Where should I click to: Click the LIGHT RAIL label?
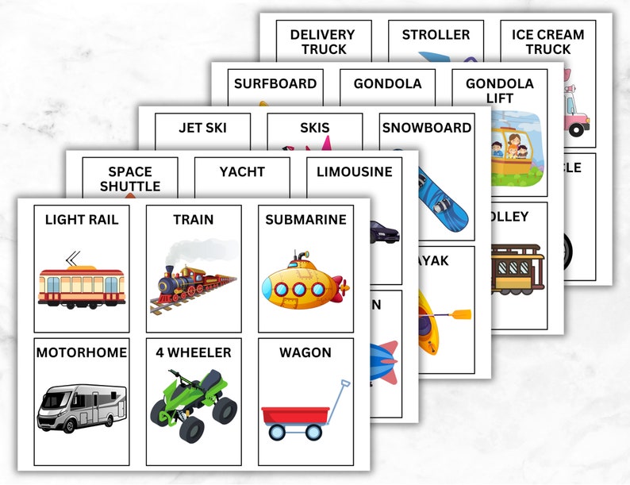tap(82, 220)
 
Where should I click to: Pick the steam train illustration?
tap(193, 283)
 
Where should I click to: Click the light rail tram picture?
tap(82, 282)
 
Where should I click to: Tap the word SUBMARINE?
tap(305, 220)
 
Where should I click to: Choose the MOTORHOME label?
tap(82, 352)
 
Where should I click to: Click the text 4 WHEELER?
tap(194, 352)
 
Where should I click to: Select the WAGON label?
tap(305, 352)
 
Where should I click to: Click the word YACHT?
tap(242, 171)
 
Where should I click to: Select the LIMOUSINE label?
tap(354, 171)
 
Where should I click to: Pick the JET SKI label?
tap(203, 127)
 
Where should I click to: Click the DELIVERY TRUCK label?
tap(323, 41)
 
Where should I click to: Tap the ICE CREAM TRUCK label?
tap(547, 41)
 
